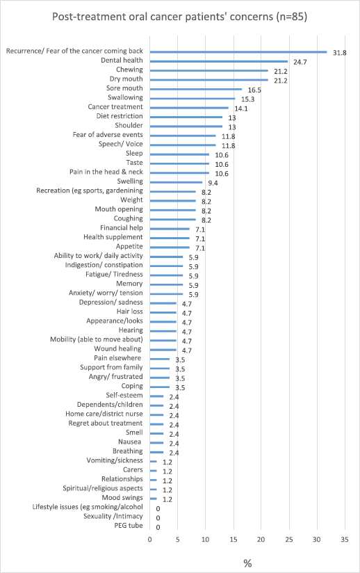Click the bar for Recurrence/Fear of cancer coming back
[x=238, y=52]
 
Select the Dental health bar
[x=219, y=61]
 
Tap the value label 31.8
[x=340, y=53]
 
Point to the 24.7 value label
[x=300, y=62]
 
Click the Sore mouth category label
[x=124, y=88]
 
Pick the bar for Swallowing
[x=193, y=98]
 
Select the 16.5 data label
[x=254, y=90]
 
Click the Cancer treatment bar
[x=189, y=108]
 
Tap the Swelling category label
[x=130, y=181]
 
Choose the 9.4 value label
[x=213, y=183]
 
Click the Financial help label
[x=122, y=227]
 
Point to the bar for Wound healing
[x=163, y=349]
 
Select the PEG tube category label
[x=129, y=526]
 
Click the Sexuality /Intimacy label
[x=113, y=517]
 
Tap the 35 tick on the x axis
[x=345, y=540]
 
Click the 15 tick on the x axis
[x=234, y=540]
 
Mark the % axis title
[x=247, y=563]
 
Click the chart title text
[x=179, y=17]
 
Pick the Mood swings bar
[x=154, y=499]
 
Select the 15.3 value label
[x=248, y=99]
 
